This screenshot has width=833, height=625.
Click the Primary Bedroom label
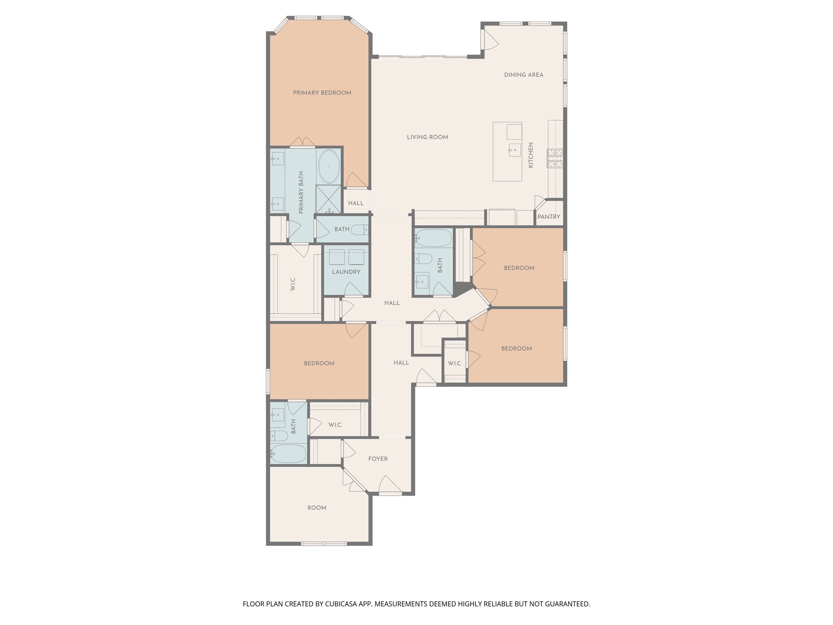[x=322, y=93]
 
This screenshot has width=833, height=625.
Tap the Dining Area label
[x=523, y=75]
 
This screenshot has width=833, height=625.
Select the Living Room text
[x=427, y=137]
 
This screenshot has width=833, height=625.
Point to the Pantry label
[x=549, y=217]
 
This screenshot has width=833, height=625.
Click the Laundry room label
[x=346, y=272]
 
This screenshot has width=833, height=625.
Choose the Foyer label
[x=378, y=459]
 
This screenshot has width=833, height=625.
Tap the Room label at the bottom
[x=317, y=508]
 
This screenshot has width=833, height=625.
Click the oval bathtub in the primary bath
[x=329, y=166]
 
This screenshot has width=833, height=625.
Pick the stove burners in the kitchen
[x=555, y=159]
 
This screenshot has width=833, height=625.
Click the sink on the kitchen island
[x=515, y=150]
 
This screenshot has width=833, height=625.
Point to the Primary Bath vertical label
[x=301, y=192]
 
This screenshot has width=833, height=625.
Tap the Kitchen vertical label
[x=530, y=155]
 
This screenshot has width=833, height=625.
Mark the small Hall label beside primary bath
[x=356, y=203]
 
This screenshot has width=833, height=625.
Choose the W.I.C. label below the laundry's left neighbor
[x=293, y=284]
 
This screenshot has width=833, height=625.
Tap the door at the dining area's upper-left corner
[x=489, y=40]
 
